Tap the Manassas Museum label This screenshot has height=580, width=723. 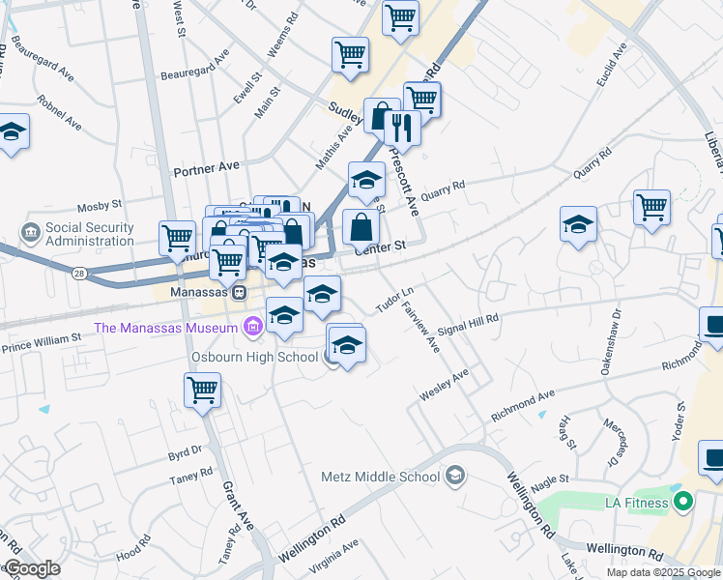click(165, 328)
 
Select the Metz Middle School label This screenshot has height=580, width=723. click(381, 477)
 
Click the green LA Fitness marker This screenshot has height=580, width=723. click(683, 502)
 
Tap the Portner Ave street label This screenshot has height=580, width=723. click(205, 167)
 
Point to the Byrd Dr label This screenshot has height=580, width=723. click(184, 450)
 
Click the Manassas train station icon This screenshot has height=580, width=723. click(238, 292)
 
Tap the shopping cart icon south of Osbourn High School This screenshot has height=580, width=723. click(203, 391)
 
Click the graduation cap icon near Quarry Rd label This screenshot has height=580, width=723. click(577, 225)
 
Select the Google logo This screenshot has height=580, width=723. click(31, 568)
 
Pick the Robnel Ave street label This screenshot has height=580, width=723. click(59, 113)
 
